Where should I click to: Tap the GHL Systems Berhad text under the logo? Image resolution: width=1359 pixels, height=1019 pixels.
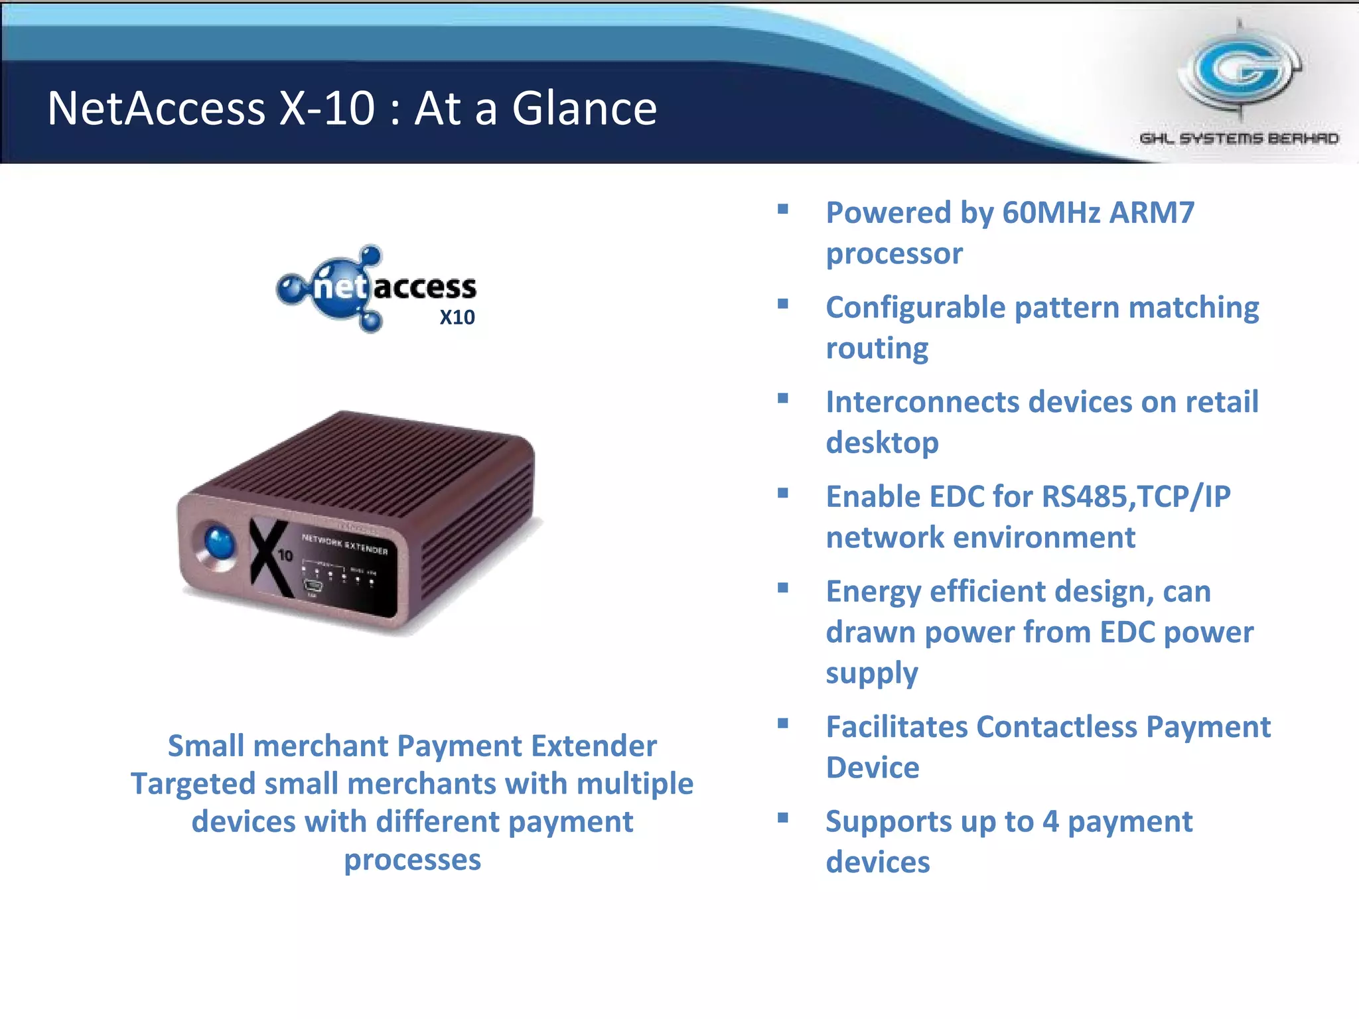pos(1239,139)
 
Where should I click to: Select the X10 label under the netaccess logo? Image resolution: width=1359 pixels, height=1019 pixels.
pos(457,317)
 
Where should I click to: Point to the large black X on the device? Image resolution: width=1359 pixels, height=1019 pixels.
pos(269,557)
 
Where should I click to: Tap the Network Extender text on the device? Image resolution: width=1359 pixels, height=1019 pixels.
pos(344,544)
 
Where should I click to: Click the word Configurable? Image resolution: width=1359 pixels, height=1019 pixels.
pos(915,308)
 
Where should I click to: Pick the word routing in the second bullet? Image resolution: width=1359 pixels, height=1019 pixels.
pos(877,348)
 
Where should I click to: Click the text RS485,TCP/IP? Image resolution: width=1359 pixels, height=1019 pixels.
pos(1135,497)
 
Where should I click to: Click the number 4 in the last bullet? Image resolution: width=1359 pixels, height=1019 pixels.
pos(1050,821)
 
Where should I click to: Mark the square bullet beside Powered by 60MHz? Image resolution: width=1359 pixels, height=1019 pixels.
pos(783,210)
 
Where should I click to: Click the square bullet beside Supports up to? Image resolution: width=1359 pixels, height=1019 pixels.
pos(783,818)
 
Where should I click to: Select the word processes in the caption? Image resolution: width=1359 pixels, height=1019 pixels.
pos(412,860)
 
